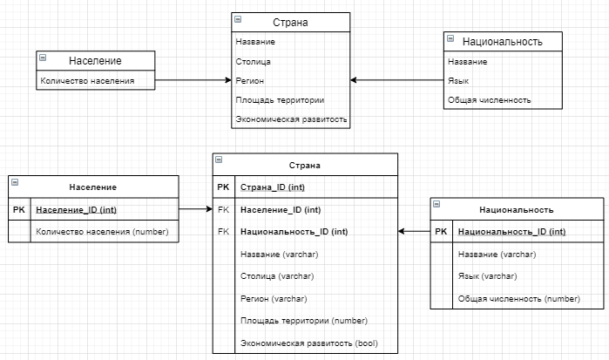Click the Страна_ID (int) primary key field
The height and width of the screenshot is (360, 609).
point(273,187)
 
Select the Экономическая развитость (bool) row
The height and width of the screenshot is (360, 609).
point(308,343)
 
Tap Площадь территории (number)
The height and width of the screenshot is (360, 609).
point(303,320)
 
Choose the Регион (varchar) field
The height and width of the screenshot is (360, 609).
point(277,298)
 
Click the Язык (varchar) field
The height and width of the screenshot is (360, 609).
point(484,276)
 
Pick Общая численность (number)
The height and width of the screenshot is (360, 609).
point(518,298)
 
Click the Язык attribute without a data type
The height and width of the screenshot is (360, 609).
point(457,81)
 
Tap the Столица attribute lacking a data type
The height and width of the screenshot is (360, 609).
point(253,61)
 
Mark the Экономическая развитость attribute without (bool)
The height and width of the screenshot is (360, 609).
point(291,119)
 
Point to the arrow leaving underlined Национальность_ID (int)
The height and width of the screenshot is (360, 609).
point(415,231)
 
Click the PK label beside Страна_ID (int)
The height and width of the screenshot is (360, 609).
point(224,187)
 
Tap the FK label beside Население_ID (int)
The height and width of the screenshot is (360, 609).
point(224,209)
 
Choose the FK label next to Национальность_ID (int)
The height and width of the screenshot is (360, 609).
point(224,231)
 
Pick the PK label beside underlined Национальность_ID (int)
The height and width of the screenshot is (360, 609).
point(441,231)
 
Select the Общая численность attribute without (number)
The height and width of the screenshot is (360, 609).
point(489,100)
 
